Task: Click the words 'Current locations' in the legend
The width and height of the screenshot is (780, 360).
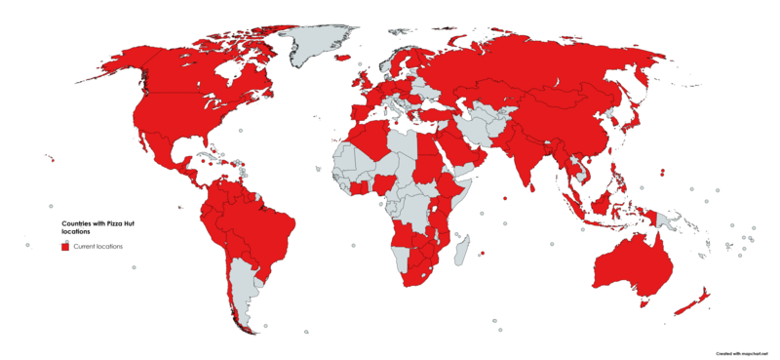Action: [x=98, y=247]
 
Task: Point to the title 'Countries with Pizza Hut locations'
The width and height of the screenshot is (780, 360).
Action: [x=94, y=226]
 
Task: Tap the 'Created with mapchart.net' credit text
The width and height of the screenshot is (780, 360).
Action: [x=744, y=352]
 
